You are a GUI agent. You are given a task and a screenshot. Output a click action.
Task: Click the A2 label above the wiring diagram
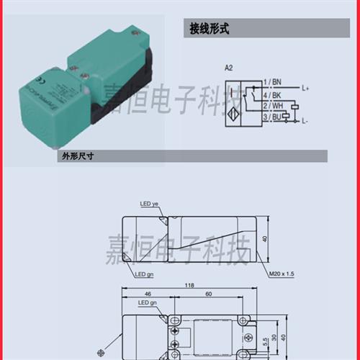coord(230,68)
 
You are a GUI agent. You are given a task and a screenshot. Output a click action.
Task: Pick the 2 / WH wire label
coord(275,105)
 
